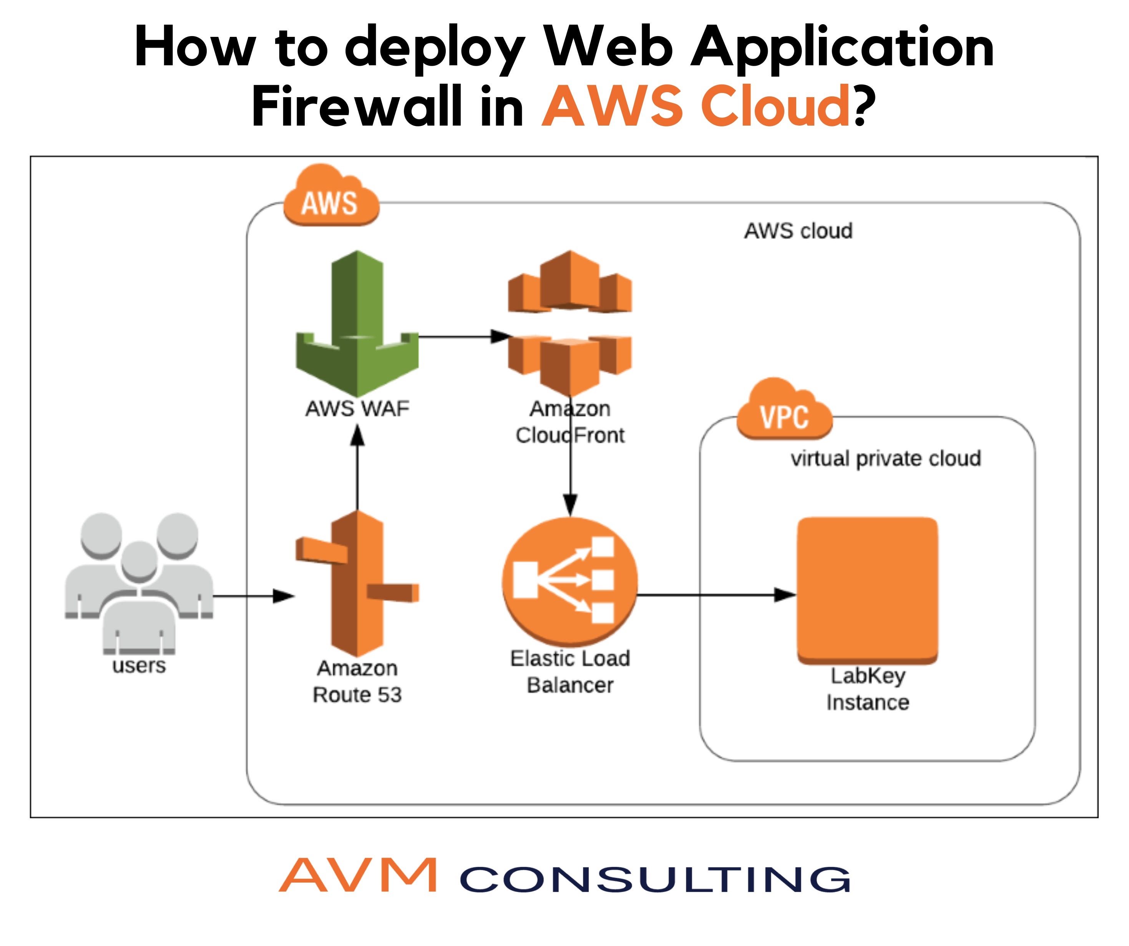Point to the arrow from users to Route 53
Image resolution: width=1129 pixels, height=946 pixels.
(253, 596)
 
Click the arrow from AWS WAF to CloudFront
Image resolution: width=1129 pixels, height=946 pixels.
(462, 337)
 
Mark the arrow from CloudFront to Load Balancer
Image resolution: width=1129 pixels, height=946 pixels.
(570, 473)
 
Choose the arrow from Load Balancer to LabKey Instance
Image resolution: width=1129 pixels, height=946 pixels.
(715, 595)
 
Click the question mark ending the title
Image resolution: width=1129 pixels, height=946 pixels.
(865, 106)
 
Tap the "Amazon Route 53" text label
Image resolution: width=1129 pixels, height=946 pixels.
(357, 681)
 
